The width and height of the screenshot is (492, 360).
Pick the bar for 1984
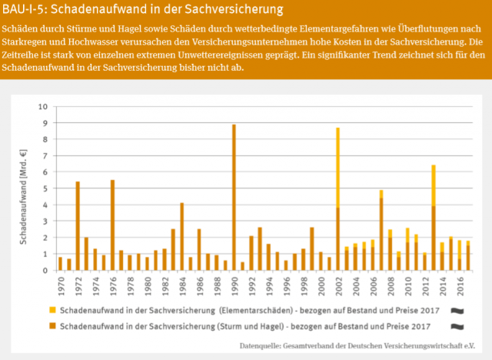182,236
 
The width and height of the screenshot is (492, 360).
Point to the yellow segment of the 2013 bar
434,185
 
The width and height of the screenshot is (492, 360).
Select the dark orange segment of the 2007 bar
381,234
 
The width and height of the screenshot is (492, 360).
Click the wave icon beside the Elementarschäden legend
457,310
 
